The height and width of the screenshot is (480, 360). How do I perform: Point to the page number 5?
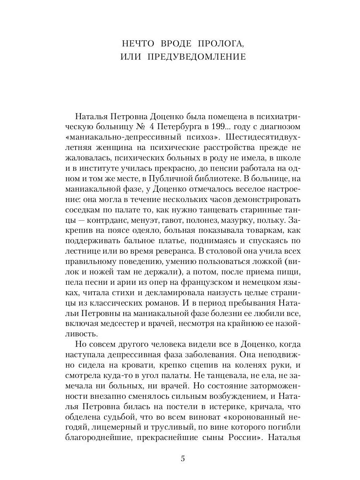pos(183,459)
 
